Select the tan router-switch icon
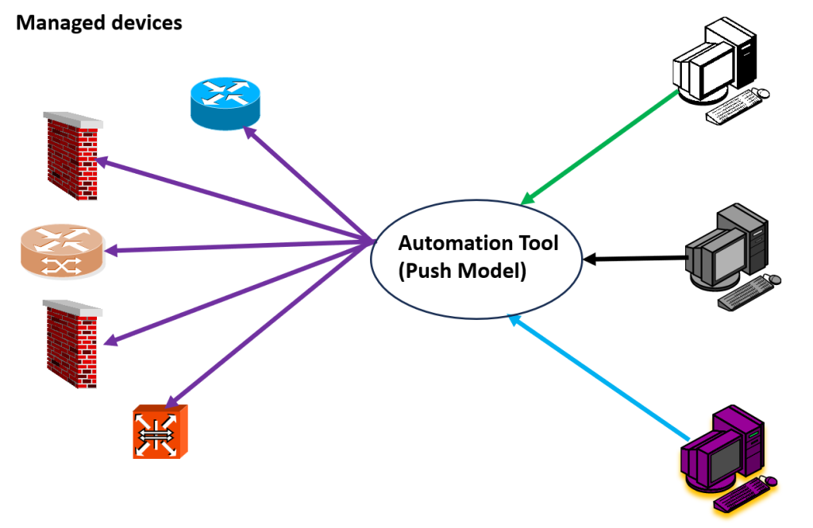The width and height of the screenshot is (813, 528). [61, 251]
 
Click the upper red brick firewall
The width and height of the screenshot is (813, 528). [71, 151]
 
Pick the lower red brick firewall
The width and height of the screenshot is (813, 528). [71, 342]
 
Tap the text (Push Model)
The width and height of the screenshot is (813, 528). [462, 271]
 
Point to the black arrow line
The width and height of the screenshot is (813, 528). [635, 258]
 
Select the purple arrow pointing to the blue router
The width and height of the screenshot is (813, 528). [310, 184]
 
